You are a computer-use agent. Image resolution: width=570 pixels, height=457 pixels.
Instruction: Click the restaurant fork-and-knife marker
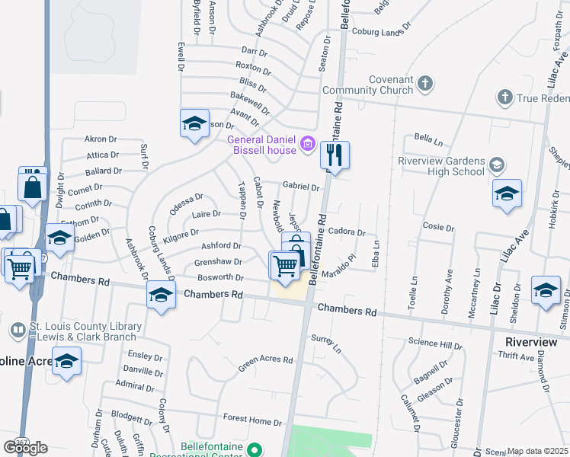(335, 155)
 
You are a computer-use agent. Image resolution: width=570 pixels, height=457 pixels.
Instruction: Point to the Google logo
(25, 447)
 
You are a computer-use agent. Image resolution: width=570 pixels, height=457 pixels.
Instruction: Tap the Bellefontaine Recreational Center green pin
(255, 448)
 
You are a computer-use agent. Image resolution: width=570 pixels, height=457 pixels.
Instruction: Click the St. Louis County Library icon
(17, 330)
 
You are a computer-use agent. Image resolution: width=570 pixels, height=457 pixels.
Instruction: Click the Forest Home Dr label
(248, 419)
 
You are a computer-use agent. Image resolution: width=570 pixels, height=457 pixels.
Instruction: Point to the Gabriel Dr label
(300, 186)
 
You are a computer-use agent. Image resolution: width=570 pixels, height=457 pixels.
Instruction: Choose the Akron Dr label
(101, 139)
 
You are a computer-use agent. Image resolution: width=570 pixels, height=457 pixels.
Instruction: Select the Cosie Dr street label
(438, 227)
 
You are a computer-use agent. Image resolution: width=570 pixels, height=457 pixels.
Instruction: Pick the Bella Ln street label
(428, 140)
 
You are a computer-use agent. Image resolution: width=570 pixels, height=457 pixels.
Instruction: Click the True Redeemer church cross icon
(504, 97)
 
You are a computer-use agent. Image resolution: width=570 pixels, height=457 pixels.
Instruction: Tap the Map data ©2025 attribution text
(537, 451)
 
